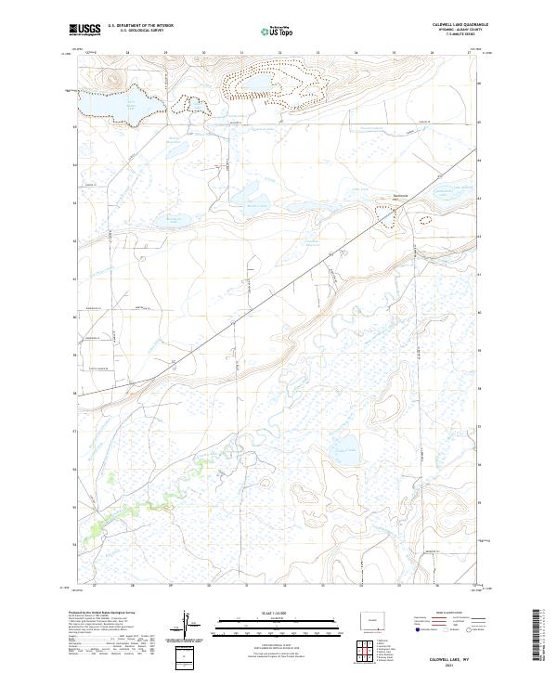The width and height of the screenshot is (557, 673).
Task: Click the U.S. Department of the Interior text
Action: (x=140, y=26)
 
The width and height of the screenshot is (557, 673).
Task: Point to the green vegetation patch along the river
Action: (x=97, y=530)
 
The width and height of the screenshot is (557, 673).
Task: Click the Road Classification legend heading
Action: (x=444, y=614)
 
